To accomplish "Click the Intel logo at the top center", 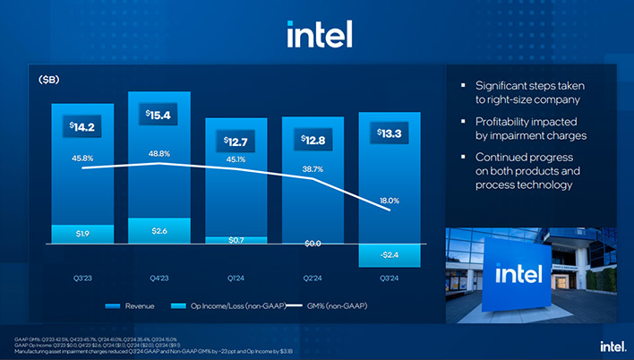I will (319, 33).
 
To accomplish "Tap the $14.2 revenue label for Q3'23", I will (82, 127).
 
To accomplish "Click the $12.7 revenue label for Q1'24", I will (236, 141).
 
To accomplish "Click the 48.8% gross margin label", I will (159, 154).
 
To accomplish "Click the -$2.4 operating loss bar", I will (390, 255).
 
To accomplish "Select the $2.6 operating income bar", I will (159, 231).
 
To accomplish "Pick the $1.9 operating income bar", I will (82, 234).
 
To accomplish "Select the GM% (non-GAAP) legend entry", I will (331, 306).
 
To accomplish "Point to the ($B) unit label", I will (49, 80).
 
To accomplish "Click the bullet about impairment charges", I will (529, 128).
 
